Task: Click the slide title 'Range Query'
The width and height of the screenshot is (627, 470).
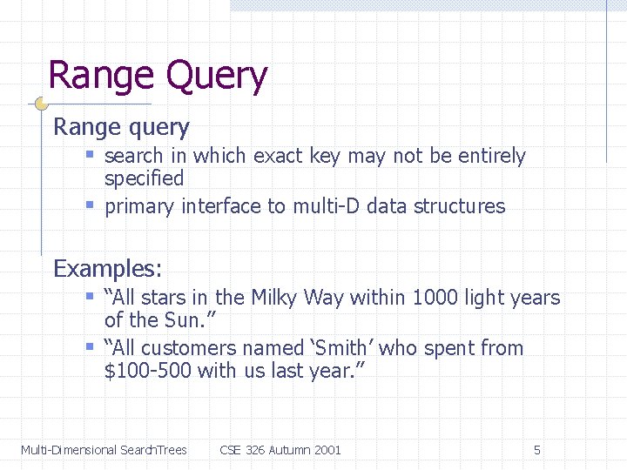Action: tap(158, 76)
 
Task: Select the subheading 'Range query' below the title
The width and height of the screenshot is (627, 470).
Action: tap(121, 127)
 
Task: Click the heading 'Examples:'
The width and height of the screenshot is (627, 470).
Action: tap(107, 268)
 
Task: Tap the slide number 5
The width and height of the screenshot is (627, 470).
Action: tap(537, 450)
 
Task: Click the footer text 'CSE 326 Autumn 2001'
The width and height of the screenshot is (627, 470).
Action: tap(280, 450)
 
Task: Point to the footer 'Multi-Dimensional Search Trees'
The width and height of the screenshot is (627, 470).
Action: tap(104, 450)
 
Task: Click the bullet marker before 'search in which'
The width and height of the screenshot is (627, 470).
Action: tap(90, 155)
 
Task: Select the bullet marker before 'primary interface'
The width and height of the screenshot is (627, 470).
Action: tap(90, 205)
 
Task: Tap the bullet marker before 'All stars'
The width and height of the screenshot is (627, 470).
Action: tap(90, 297)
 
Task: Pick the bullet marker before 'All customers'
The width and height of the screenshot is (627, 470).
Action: tap(90, 347)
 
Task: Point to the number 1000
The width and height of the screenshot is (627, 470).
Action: tap(435, 298)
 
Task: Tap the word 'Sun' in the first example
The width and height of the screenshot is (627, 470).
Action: tap(180, 321)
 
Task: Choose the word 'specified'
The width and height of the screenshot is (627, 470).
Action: tap(144, 179)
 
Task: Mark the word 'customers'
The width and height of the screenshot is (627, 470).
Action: tap(189, 348)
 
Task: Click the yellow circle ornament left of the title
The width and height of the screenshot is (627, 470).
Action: tap(41, 104)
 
